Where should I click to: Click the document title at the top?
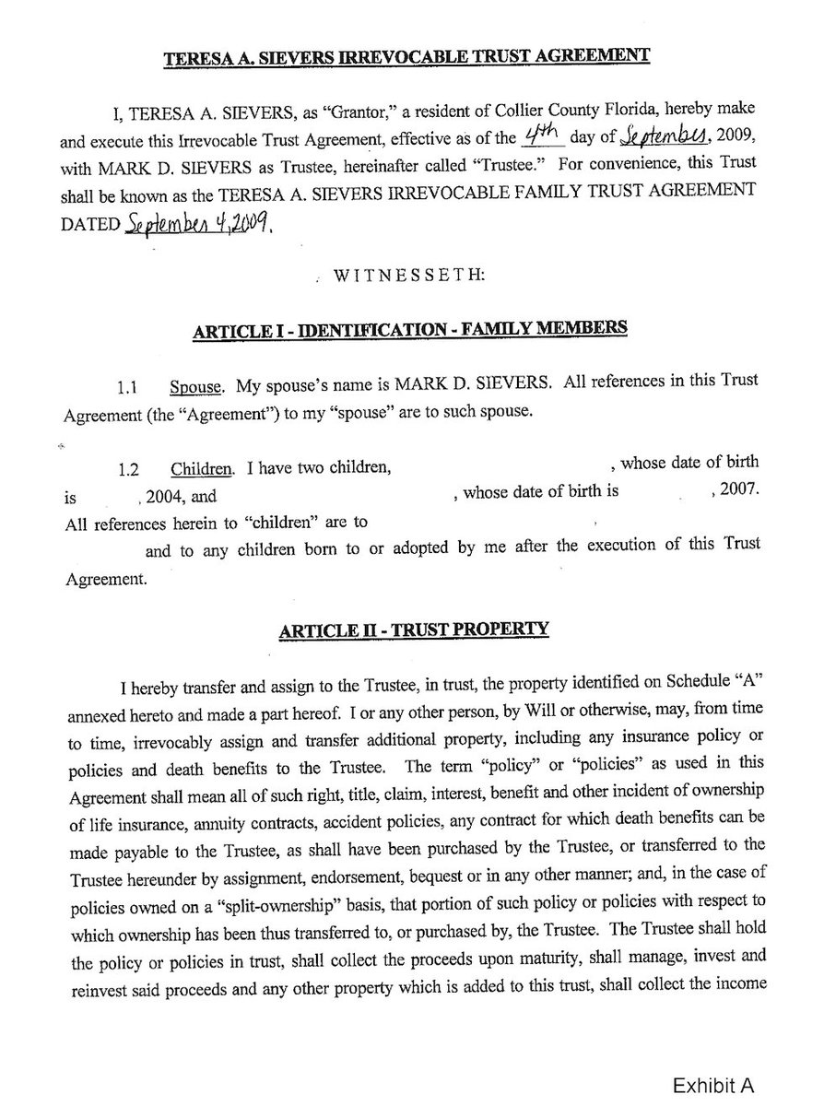coord(406,56)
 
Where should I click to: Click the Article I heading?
coord(410,327)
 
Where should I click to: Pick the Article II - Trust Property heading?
coord(413,629)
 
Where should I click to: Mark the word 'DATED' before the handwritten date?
coord(89,226)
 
